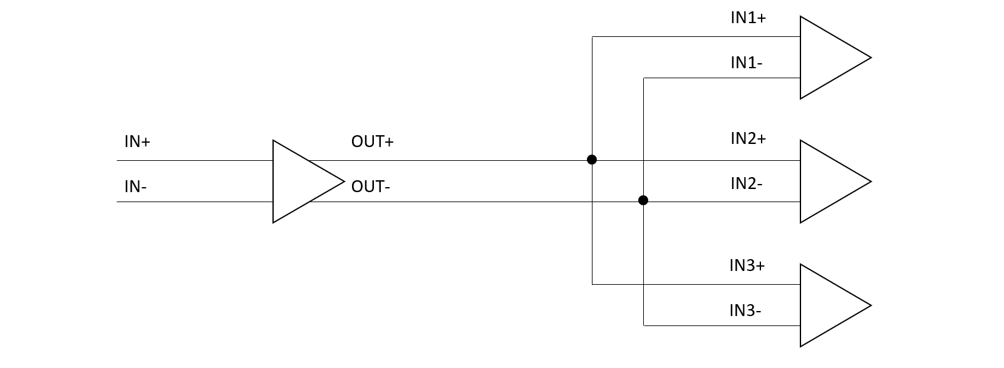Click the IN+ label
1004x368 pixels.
coord(137,142)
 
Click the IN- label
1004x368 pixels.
coord(135,187)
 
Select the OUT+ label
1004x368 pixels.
coord(372,142)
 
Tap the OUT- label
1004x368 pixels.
coord(371,187)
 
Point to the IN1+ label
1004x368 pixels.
coord(748,18)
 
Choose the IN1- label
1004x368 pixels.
coord(746,63)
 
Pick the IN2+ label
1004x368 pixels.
coord(748,138)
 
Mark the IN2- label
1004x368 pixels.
coord(746,183)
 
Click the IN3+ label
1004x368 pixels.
coord(747,265)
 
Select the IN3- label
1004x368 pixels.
coord(745,310)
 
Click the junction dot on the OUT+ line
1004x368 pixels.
coord(592,160)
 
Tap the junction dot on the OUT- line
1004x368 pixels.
coord(643,200)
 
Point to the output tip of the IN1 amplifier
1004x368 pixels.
coord(870,58)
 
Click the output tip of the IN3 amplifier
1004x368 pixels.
coord(870,305)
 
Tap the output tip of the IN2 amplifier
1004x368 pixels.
coord(870,181)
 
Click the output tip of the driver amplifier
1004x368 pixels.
coord(343,181)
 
